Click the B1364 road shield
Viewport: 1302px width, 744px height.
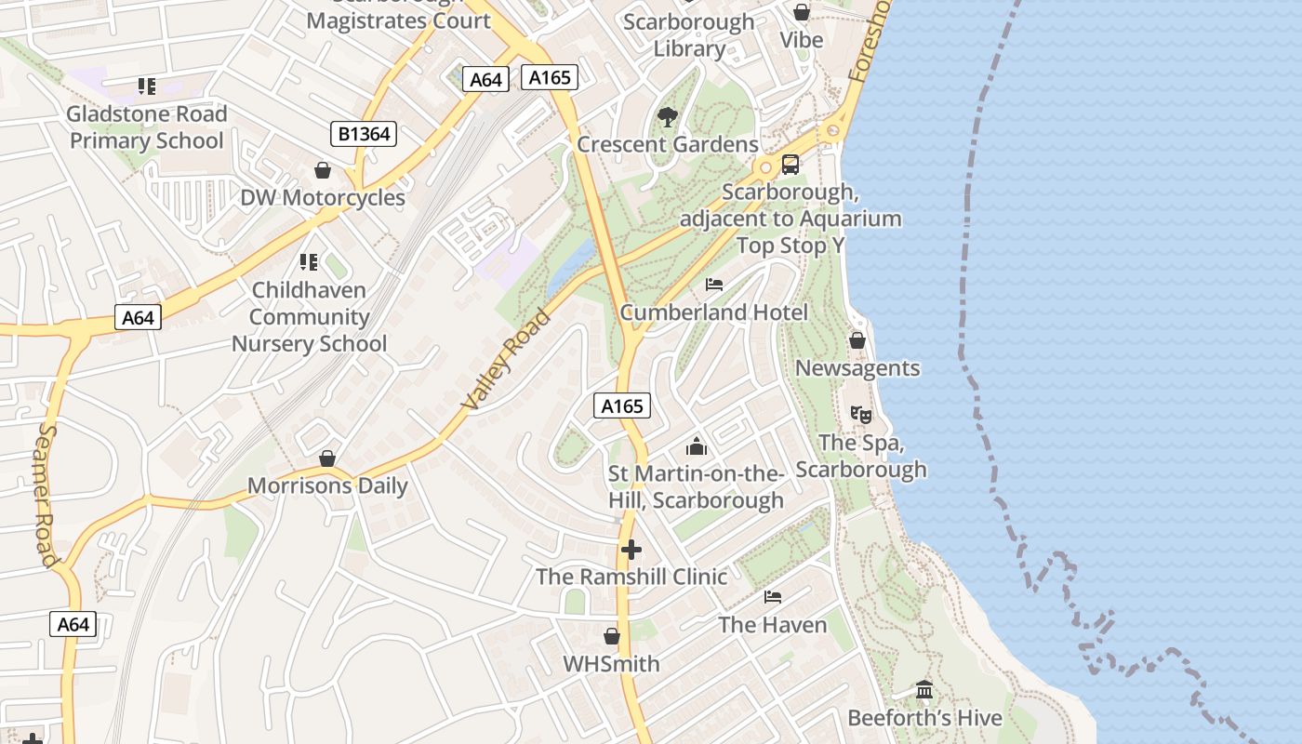(364, 135)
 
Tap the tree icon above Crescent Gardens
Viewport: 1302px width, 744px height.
(667, 117)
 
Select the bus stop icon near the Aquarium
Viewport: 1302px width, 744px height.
(790, 165)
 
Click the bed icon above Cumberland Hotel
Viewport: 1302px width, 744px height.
(714, 284)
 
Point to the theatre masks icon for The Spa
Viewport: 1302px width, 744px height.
(860, 415)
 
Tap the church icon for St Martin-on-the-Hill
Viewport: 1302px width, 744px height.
(697, 446)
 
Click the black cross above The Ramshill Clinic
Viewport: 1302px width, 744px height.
(631, 550)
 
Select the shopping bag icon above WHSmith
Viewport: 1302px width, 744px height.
(612, 636)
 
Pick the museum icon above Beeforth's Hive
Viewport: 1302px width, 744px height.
(924, 690)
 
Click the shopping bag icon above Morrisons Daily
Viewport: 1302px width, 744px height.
(327, 458)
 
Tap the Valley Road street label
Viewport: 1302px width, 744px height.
(506, 360)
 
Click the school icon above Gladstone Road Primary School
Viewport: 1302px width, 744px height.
(147, 86)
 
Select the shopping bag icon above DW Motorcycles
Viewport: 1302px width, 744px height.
(323, 170)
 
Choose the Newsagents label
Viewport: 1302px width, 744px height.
(857, 368)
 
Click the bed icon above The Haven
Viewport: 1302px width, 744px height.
(773, 596)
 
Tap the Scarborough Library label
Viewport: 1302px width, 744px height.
(689, 35)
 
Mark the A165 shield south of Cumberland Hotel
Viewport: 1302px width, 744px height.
(622, 405)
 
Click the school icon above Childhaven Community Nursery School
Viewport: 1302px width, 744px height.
(309, 262)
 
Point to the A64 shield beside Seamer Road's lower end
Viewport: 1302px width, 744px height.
(73, 624)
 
